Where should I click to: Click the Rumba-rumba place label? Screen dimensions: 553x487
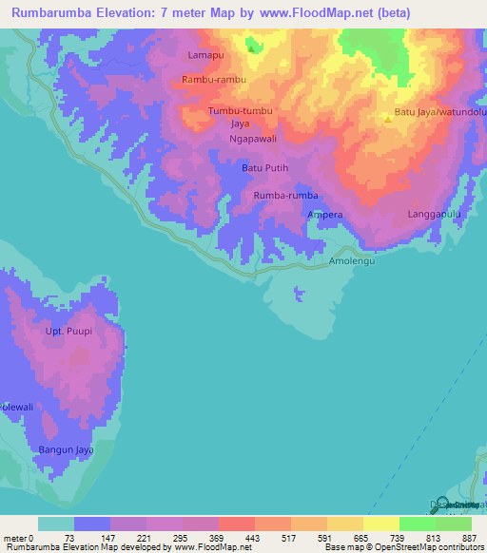pos(285,196)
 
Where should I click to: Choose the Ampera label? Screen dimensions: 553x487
pos(324,216)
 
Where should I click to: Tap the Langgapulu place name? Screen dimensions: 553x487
pos(435,216)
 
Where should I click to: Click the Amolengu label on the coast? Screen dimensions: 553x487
pos(354,260)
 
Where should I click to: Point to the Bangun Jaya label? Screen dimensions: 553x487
pos(64,448)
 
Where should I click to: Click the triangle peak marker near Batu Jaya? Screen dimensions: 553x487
pos(387,119)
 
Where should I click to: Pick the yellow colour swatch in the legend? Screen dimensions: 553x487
pos(380,524)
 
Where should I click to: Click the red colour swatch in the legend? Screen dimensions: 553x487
pos(236,524)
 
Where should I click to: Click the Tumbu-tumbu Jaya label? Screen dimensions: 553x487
pos(240,117)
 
